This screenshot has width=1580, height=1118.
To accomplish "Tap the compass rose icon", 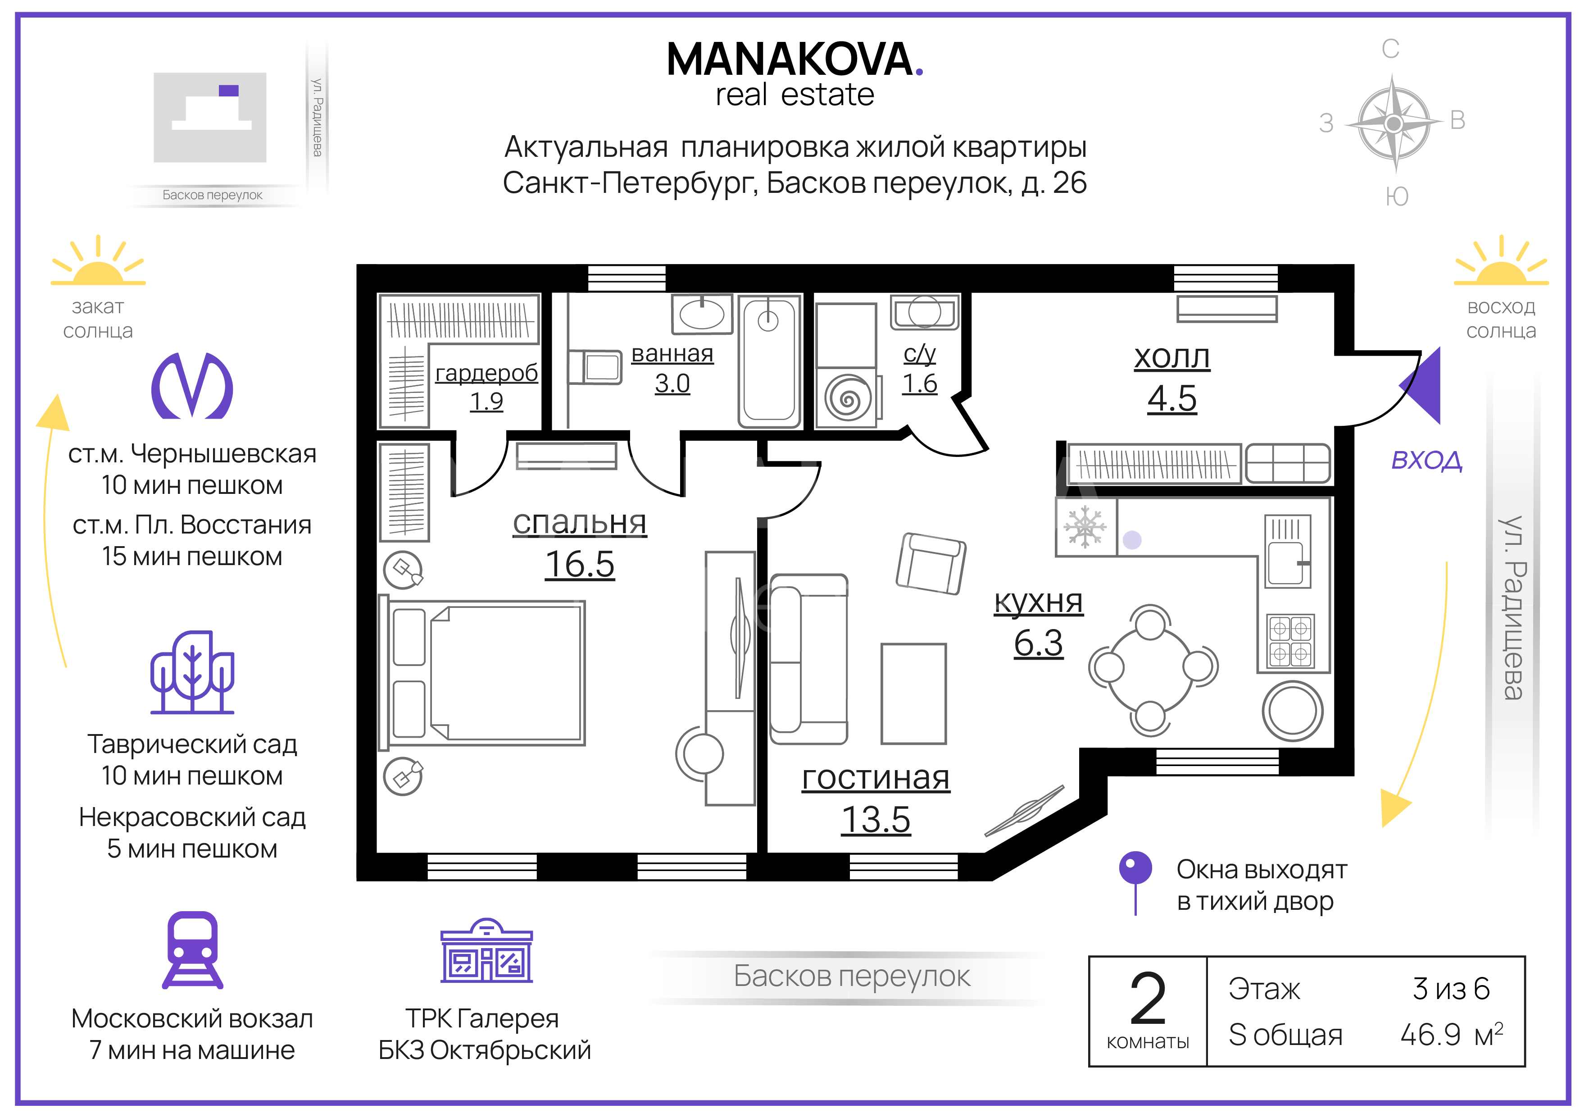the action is [x=1394, y=124].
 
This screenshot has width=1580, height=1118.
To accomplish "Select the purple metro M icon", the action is [x=192, y=386].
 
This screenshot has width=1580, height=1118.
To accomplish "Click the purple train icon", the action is [x=193, y=950].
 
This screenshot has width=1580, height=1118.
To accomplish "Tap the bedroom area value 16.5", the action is [x=579, y=565].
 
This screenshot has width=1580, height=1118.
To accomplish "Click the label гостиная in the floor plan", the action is [x=876, y=778].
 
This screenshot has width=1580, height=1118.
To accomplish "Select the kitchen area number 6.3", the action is [x=1039, y=643].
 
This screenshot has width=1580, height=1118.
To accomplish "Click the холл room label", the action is [x=1172, y=356].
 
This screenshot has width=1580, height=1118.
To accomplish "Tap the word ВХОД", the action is [x=1426, y=460].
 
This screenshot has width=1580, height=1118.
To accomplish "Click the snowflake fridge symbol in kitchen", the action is [x=1085, y=527].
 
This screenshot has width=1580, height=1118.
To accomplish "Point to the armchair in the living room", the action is [x=931, y=563].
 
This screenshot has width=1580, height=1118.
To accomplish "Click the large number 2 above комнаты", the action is [x=1148, y=998].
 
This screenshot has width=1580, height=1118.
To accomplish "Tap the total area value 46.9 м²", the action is [x=1451, y=1034].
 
